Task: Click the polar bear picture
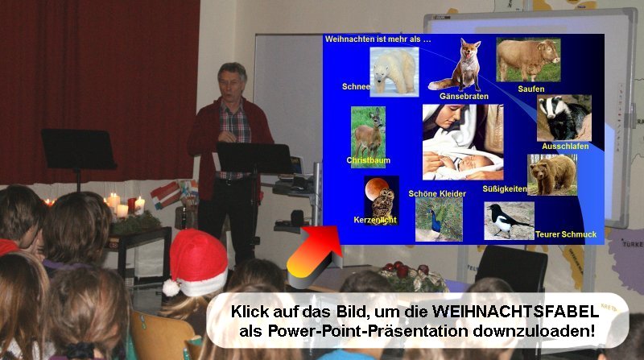click(394, 72)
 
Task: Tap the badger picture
click(564, 118)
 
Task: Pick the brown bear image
click(552, 175)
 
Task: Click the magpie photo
click(509, 221)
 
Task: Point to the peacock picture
click(439, 219)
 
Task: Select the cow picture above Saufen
click(528, 60)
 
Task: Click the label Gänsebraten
click(464, 97)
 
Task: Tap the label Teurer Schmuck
click(566, 234)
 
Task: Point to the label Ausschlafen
click(565, 147)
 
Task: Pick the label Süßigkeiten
click(505, 189)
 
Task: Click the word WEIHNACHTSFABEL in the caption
click(516, 311)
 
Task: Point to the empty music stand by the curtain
click(77, 149)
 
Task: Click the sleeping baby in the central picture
click(473, 163)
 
